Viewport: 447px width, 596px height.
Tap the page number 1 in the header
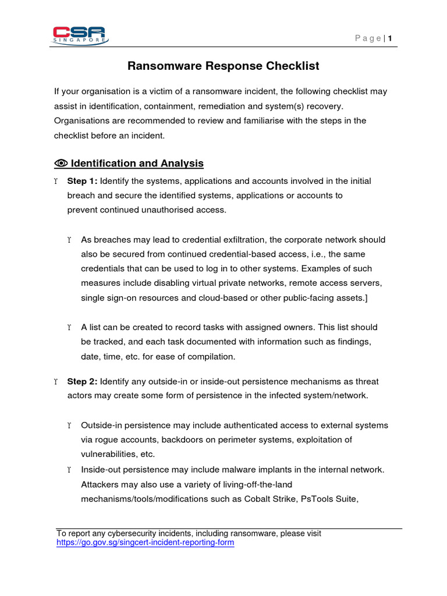pos(390,39)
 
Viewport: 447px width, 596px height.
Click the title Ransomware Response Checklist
pos(223,66)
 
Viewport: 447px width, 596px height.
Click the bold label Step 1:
pos(83,181)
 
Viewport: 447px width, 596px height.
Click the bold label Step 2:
pos(83,382)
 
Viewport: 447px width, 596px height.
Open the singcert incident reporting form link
pos(145,543)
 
